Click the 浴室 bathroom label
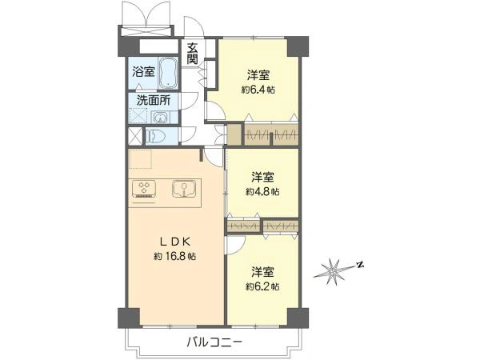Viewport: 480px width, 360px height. click(x=144, y=72)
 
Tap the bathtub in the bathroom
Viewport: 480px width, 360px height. click(x=168, y=73)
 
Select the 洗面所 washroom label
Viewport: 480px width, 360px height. click(x=152, y=101)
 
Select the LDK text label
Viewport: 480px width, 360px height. click(x=174, y=242)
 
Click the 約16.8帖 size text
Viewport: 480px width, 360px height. click(x=175, y=257)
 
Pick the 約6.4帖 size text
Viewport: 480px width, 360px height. click(x=257, y=90)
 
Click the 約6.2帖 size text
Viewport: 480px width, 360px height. click(x=262, y=286)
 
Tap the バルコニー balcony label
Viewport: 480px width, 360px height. click(x=213, y=342)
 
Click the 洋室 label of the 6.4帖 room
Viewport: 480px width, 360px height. click(x=258, y=76)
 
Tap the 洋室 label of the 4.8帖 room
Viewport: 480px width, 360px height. click(x=263, y=177)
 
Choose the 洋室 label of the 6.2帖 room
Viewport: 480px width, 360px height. click(x=263, y=271)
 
